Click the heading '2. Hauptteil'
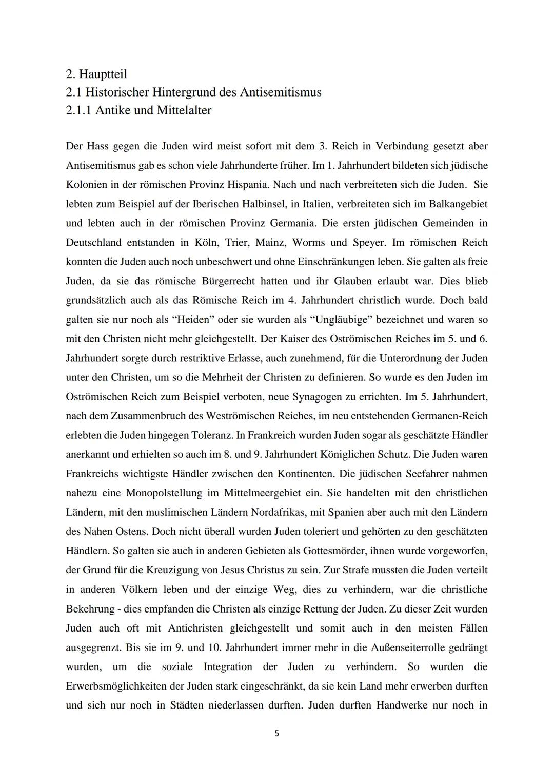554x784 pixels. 96,74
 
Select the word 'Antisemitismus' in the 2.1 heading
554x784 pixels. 282,92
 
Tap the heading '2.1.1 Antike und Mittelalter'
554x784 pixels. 138,110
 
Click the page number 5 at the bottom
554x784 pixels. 276,734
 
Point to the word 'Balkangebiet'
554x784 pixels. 456,204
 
